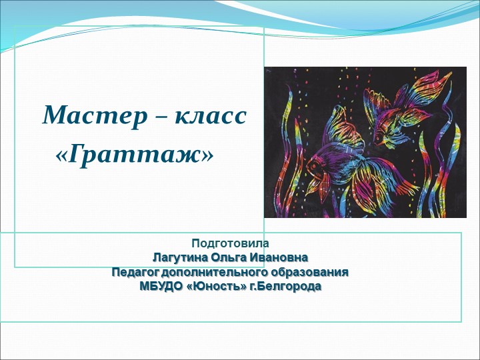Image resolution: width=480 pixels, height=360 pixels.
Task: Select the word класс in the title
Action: [x=211, y=116]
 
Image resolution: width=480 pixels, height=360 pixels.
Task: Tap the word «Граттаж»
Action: [x=136, y=155]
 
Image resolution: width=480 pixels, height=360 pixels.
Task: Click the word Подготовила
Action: [x=230, y=243]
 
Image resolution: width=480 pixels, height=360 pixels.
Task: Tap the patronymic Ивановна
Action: [x=281, y=258]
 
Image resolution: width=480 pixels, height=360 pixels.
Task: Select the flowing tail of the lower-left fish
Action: [x=377, y=190]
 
